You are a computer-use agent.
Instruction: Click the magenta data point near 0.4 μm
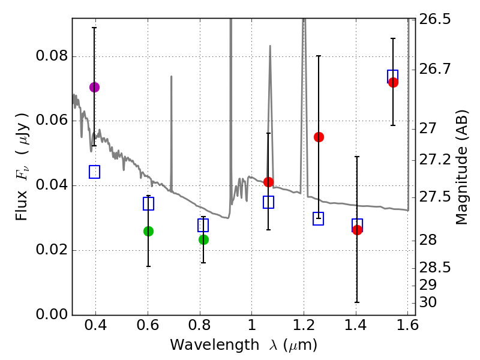(x=94, y=87)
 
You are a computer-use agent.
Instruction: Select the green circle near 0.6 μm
(x=148, y=231)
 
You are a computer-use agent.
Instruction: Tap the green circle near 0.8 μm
(x=203, y=239)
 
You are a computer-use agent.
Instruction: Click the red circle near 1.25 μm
(x=319, y=137)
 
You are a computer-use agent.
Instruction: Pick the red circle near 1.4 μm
(x=357, y=230)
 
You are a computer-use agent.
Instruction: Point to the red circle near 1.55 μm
(x=393, y=82)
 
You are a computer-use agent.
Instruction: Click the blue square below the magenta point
(x=94, y=172)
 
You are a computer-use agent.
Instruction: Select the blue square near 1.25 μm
(x=319, y=218)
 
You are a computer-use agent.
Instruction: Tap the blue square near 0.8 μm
(x=203, y=225)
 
